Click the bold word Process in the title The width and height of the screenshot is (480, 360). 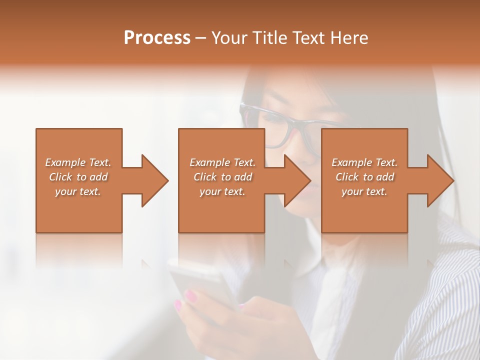pyautogui.click(x=157, y=38)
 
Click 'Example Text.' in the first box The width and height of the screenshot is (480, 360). pyautogui.click(x=78, y=162)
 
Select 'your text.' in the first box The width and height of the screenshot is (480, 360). pyautogui.click(x=78, y=191)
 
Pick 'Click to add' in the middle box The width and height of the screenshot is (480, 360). pyautogui.click(x=222, y=177)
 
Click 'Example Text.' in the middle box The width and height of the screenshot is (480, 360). pyautogui.click(x=222, y=162)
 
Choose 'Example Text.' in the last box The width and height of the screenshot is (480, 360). pyautogui.click(x=364, y=162)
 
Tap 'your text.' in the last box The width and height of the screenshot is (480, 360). pyautogui.click(x=364, y=191)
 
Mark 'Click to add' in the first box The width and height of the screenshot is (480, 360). pyautogui.click(x=78, y=177)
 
